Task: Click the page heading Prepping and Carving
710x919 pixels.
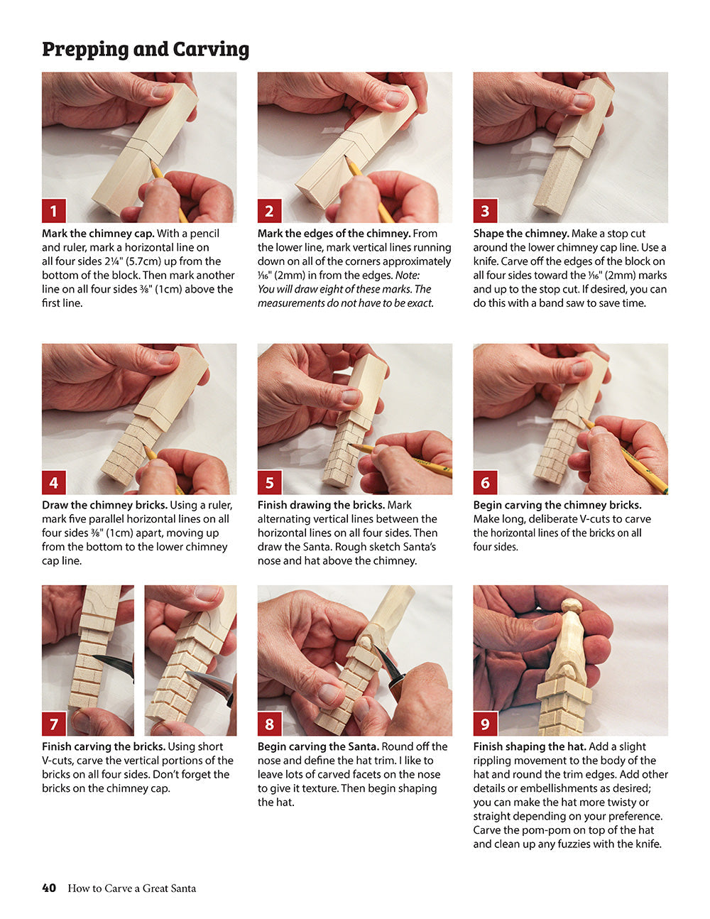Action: [146, 49]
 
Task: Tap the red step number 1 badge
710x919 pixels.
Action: [54, 211]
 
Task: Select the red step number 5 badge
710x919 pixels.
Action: [270, 483]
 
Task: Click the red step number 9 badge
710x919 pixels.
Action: [486, 724]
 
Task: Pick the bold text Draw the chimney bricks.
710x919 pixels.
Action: [104, 506]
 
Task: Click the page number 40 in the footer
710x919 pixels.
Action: [49, 888]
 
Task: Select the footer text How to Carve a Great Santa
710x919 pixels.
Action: [132, 888]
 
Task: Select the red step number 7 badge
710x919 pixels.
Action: [54, 724]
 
